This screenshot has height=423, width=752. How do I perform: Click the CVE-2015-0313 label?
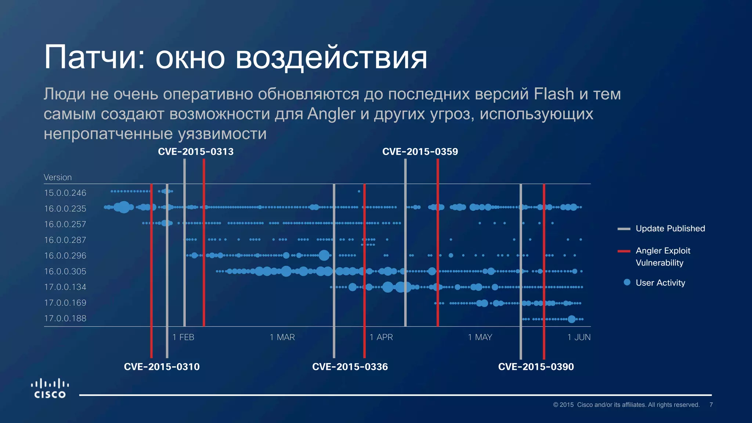(x=196, y=152)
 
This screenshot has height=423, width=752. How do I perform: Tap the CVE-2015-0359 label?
(x=420, y=152)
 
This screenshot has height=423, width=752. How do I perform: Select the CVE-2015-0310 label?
(x=162, y=366)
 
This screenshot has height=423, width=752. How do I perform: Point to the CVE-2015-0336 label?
(x=350, y=366)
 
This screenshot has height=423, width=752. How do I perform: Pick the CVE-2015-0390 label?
(x=536, y=366)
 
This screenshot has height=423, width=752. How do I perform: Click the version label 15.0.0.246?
(x=65, y=193)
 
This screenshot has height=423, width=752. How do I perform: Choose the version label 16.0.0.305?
(x=65, y=271)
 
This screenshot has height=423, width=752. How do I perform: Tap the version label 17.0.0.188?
(x=65, y=318)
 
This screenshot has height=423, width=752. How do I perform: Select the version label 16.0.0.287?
(x=65, y=240)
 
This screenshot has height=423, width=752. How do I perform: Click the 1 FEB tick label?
(x=183, y=337)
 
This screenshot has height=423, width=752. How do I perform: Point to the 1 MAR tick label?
(x=282, y=337)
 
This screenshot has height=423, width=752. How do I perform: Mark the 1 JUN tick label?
(x=579, y=337)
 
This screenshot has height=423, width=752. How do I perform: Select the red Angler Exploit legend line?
(x=624, y=251)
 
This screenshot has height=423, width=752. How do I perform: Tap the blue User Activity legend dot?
(x=627, y=282)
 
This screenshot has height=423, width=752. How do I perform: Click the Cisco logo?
(x=50, y=388)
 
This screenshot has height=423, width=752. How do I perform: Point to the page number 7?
(x=711, y=405)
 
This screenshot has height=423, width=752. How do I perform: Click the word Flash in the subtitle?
(x=554, y=94)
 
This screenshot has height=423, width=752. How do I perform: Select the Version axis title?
(x=58, y=177)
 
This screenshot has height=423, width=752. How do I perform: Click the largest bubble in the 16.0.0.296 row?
(x=324, y=255)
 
